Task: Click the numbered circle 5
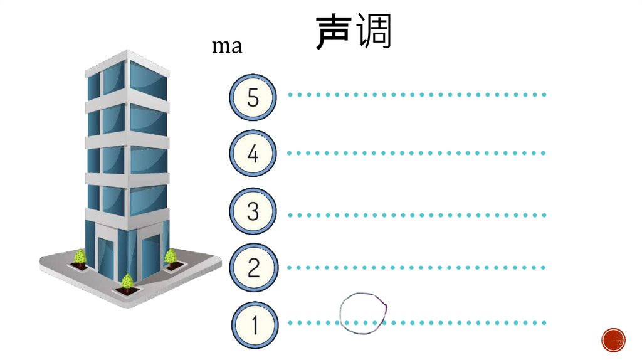point(253,97)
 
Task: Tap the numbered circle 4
point(253,154)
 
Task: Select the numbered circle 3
point(253,211)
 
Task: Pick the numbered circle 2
point(253,268)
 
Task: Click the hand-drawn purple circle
point(363,312)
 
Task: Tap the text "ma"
point(226,46)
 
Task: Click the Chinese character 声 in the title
point(332,33)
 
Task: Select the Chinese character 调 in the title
point(374,33)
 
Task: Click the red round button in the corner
point(613,340)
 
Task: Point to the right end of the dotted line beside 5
point(544,95)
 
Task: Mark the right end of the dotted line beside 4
point(544,153)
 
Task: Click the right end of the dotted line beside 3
point(544,214)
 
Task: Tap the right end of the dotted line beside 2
point(544,267)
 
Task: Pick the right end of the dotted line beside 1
point(544,323)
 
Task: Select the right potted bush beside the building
point(171,257)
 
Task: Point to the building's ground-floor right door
point(151,258)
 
